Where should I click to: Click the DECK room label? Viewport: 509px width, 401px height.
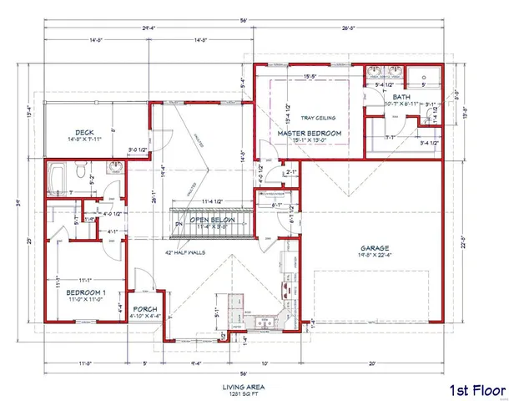(x=83, y=132)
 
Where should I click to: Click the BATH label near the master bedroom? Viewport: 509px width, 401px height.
(x=402, y=97)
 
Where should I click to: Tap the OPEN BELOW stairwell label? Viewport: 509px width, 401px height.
(x=212, y=220)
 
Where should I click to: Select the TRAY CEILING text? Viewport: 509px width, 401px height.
(x=310, y=117)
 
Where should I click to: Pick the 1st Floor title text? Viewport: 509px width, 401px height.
(x=473, y=390)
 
